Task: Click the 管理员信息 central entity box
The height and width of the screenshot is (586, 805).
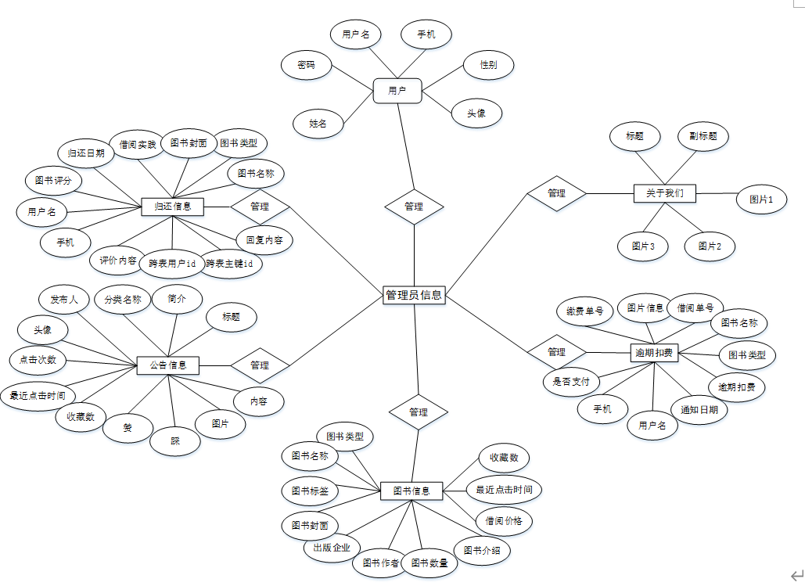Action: [414, 295]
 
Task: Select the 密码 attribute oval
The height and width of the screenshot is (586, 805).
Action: [306, 66]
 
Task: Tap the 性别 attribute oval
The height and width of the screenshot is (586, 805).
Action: [489, 65]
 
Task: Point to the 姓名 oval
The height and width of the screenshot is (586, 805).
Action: [317, 124]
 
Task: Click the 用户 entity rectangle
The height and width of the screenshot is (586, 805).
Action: [397, 91]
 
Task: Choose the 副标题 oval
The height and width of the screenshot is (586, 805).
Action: [703, 136]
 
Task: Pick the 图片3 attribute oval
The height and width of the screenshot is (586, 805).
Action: [642, 246]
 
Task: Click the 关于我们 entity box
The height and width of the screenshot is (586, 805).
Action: [664, 193]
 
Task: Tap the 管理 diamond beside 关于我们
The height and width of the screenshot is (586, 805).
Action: [556, 192]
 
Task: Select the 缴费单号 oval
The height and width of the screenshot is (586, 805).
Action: [584, 311]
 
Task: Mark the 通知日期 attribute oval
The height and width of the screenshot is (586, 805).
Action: [699, 409]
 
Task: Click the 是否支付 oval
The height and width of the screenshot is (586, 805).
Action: [571, 382]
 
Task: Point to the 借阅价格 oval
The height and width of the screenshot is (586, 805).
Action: [504, 520]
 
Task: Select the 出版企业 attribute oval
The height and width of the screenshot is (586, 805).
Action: [332, 548]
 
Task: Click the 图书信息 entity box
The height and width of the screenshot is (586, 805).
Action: [411, 491]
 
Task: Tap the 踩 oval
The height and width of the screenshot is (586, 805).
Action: [175, 441]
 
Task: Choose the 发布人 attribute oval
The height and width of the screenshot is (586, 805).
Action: [64, 300]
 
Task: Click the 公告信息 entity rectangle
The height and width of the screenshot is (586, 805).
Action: [168, 365]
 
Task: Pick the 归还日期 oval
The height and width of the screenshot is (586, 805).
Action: [86, 153]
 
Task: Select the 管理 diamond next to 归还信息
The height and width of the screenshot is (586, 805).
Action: [260, 207]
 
